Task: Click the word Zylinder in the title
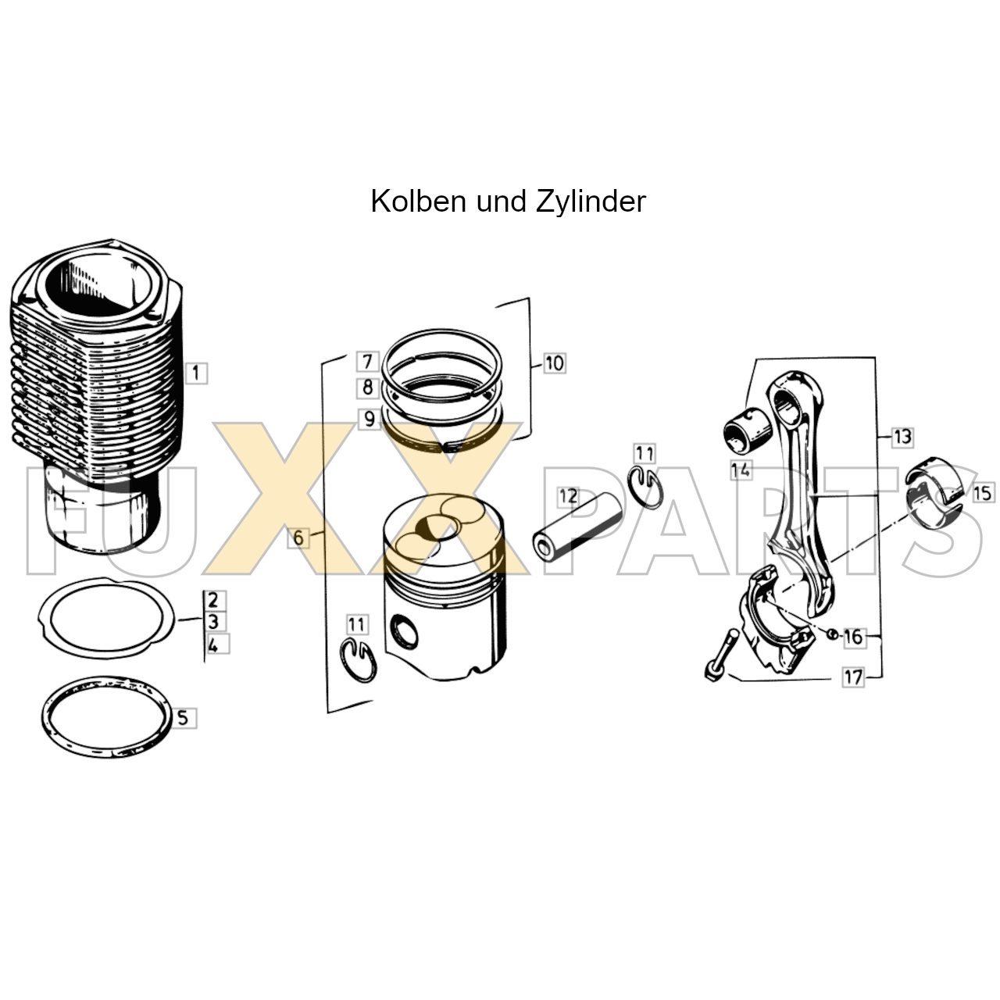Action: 591,202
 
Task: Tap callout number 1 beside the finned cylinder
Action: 195,373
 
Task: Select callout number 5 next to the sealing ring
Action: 183,718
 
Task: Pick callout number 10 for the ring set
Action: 554,362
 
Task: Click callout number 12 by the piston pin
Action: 568,496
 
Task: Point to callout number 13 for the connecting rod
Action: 902,437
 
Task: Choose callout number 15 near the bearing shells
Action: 982,492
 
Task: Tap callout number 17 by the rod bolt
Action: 853,677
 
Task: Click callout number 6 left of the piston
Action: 298,537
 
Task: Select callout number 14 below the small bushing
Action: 741,470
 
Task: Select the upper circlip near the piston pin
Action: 645,487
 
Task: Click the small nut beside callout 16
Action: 832,634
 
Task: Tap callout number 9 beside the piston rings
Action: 369,418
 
